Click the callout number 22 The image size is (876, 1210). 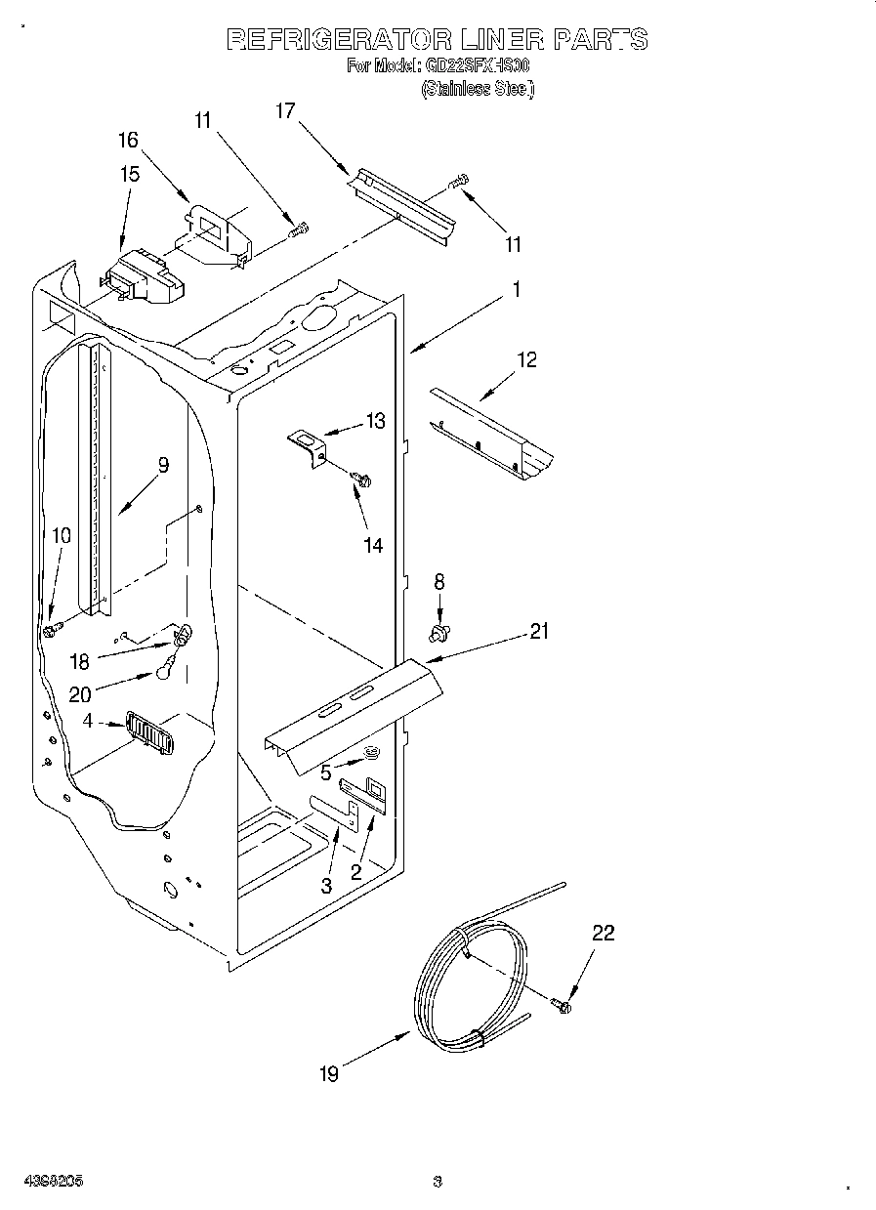(604, 934)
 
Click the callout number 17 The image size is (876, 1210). (284, 110)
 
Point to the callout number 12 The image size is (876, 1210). (526, 360)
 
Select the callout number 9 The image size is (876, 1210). (163, 466)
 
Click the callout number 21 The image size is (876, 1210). (539, 632)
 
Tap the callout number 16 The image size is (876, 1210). (129, 140)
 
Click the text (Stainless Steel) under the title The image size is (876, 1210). (477, 89)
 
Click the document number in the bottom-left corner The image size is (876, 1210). (56, 1181)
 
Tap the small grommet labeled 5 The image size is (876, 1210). (372, 752)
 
